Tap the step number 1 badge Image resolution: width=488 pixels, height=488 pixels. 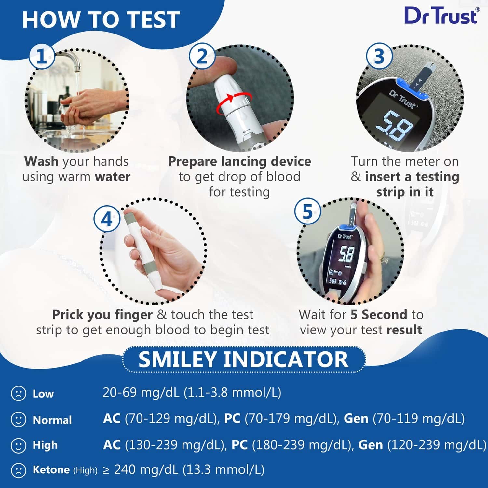42,57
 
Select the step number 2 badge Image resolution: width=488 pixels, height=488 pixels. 202,57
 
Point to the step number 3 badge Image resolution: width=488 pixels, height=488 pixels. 379,57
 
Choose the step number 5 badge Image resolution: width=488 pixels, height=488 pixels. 307,212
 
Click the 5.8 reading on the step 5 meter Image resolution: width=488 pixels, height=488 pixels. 346,253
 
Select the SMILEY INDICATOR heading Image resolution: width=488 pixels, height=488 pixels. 244,359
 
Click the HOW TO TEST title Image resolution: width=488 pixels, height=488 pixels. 101,20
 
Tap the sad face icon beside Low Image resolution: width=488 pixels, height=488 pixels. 19,393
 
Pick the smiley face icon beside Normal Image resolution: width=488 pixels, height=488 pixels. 19,419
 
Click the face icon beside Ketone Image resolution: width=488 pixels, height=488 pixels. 19,470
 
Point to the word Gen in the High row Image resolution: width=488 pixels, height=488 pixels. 371,445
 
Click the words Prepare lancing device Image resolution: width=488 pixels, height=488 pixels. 239,161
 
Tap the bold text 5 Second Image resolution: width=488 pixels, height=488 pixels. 379,315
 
